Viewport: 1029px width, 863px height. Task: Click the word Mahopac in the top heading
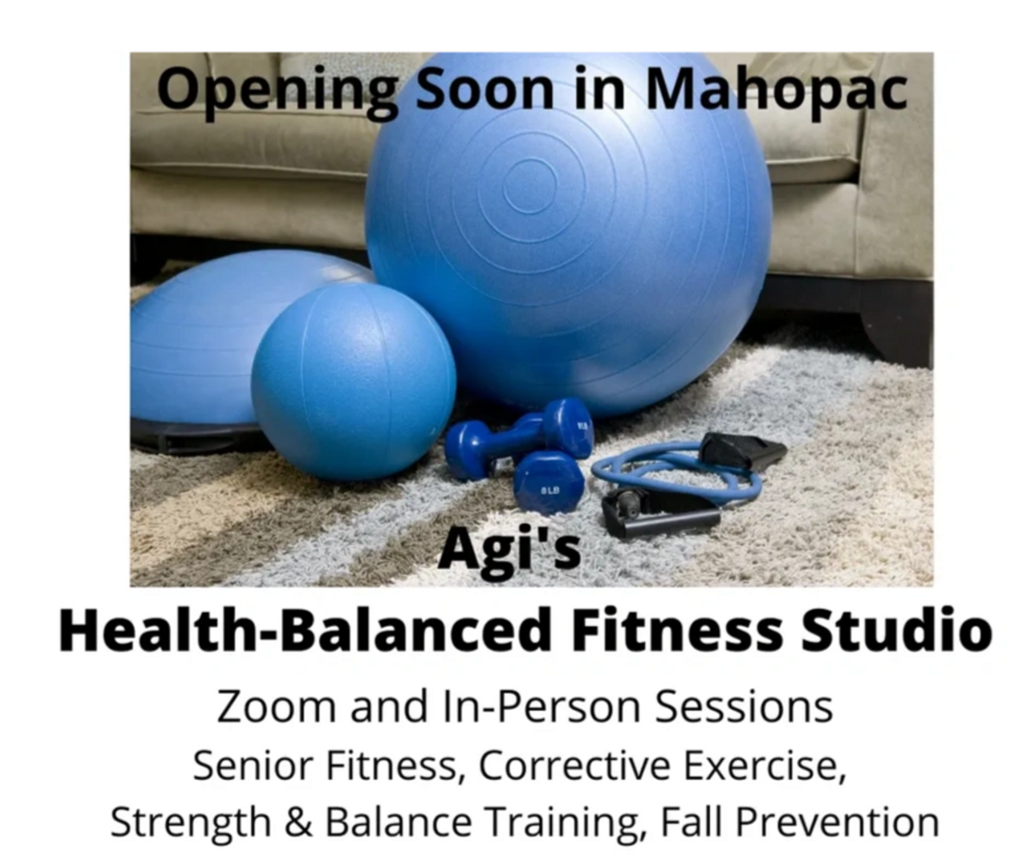click(777, 90)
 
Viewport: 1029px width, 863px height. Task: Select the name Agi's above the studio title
click(510, 550)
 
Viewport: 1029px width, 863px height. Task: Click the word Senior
click(253, 765)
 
